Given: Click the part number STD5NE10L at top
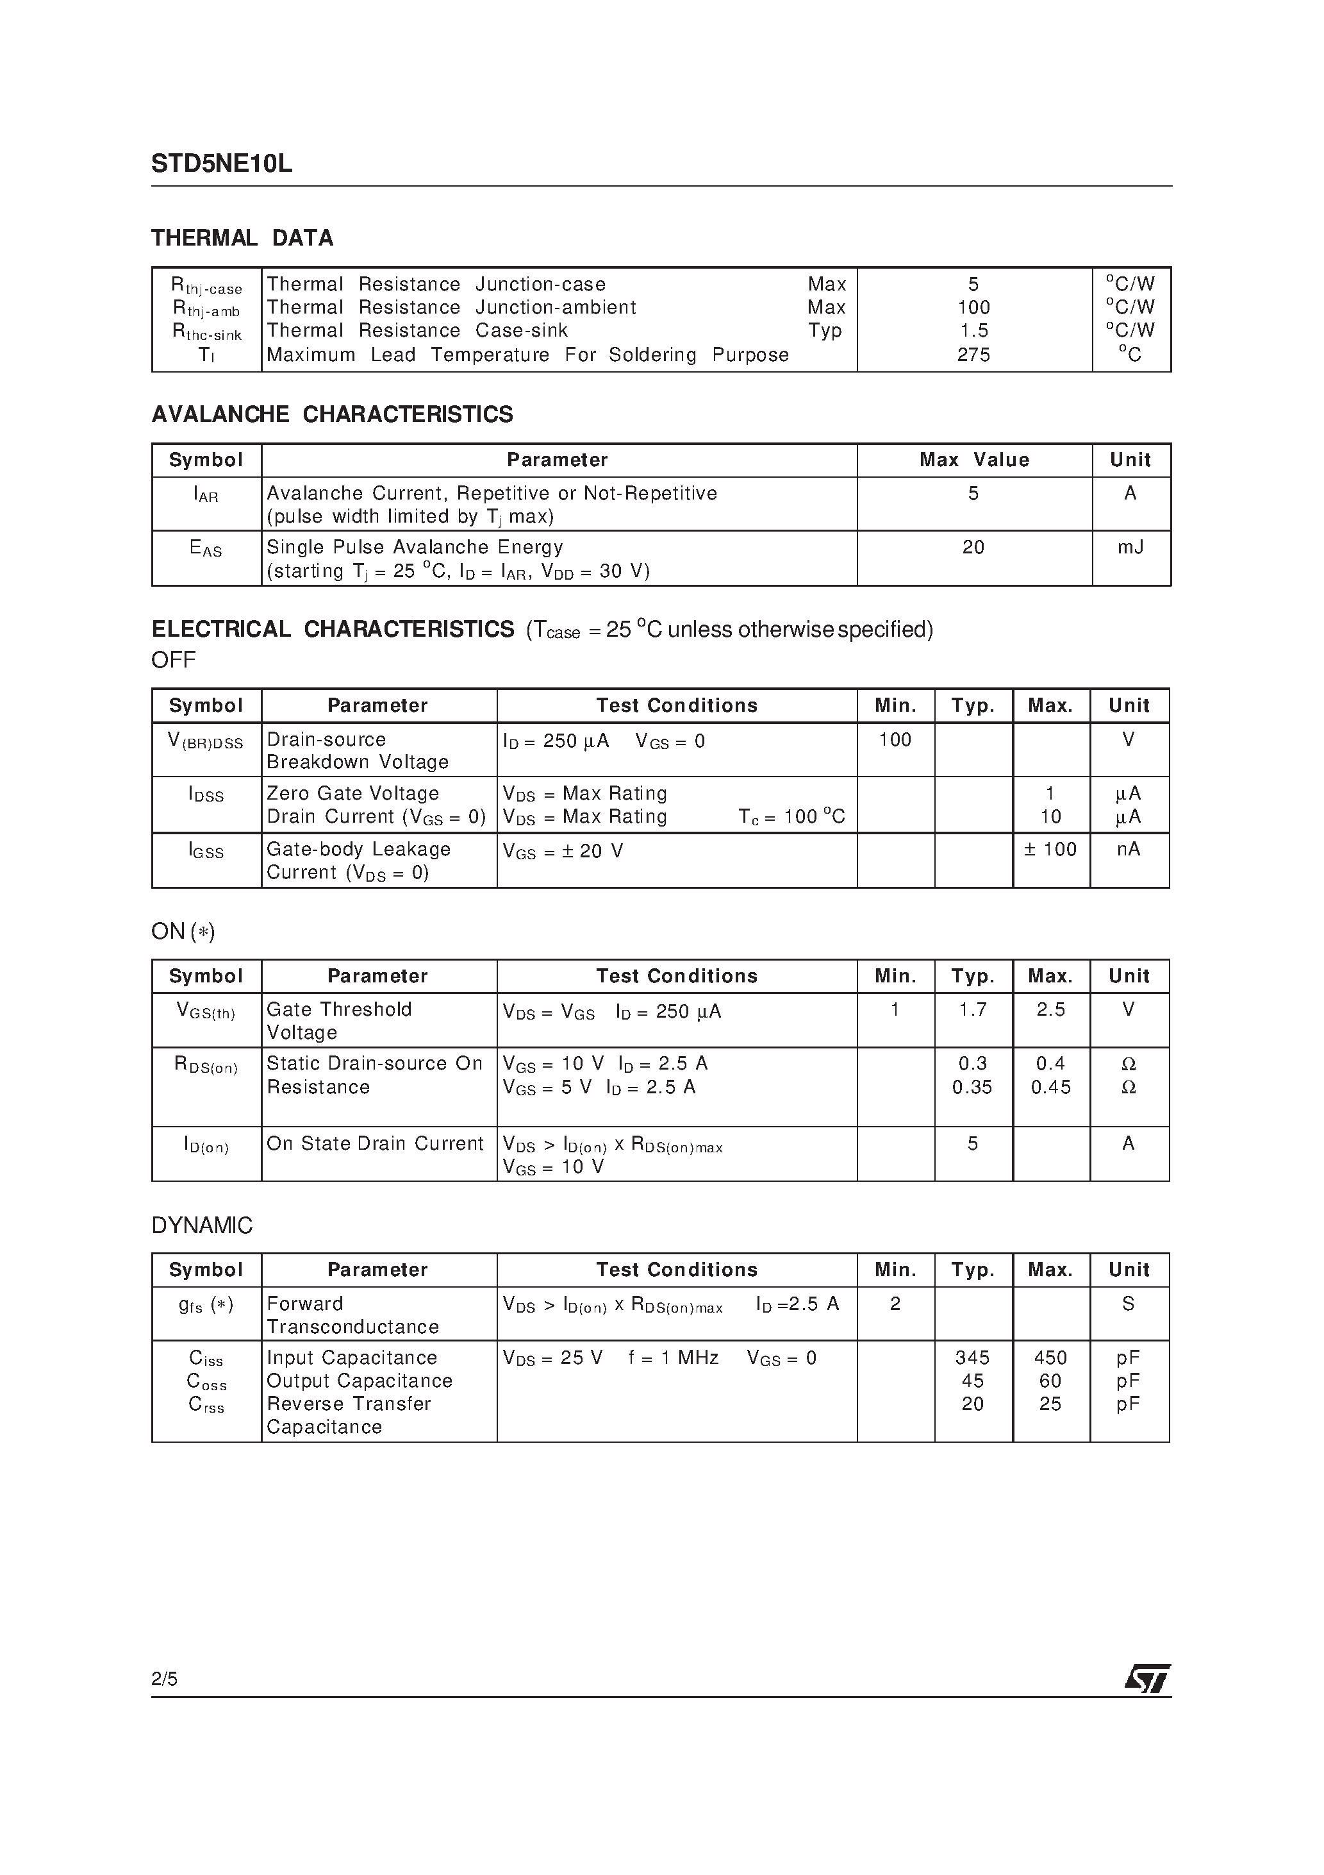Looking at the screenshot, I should pyautogui.click(x=221, y=164).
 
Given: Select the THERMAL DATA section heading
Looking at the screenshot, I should pyautogui.click(x=242, y=239).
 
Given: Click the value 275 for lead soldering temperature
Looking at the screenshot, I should pyautogui.click(x=973, y=355).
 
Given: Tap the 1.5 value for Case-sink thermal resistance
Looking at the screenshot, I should pyautogui.click(x=973, y=331).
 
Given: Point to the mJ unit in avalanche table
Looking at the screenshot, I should pyautogui.click(x=1130, y=547).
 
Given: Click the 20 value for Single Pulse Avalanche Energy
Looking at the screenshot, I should pyautogui.click(x=973, y=547).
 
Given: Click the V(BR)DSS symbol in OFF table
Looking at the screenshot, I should pyautogui.click(x=206, y=741).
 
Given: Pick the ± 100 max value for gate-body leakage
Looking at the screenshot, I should pyautogui.click(x=1050, y=849).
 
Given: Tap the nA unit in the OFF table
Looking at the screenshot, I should pyautogui.click(x=1128, y=849).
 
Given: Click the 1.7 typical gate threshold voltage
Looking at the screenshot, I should pyautogui.click(x=972, y=1010).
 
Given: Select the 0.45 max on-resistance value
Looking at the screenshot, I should pyautogui.click(x=1050, y=1087).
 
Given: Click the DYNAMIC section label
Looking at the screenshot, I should pyautogui.click(x=202, y=1225).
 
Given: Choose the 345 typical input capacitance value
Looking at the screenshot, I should pyautogui.click(x=972, y=1358).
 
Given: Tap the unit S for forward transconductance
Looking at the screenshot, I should pyautogui.click(x=1128, y=1304).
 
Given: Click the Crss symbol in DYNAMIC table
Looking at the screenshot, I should pyautogui.click(x=206, y=1404).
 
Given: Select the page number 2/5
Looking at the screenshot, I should pyautogui.click(x=164, y=1678).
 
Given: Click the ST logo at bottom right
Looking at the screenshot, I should pyautogui.click(x=1148, y=1677).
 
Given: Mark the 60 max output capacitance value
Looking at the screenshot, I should pyautogui.click(x=1050, y=1380).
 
